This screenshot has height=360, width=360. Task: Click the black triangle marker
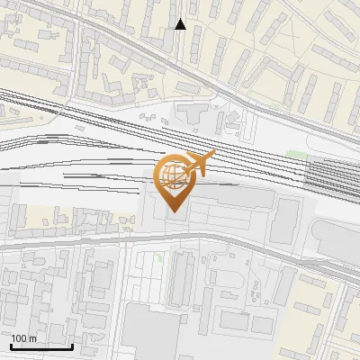tap(181, 24)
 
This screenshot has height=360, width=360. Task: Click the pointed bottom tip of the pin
tap(174, 211)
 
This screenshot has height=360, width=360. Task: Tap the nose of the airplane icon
tap(213, 155)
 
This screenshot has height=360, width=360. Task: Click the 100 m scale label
tap(24, 338)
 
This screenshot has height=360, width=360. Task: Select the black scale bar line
tap(41, 346)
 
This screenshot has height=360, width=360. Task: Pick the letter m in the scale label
tap(33, 338)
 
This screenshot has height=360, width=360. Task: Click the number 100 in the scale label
tap(20, 338)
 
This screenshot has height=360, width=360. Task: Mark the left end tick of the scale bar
tap(12, 345)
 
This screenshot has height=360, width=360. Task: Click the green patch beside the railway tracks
tap(296, 154)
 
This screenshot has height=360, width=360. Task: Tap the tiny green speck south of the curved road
tap(161, 258)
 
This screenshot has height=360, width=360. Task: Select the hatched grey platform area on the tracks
tap(332, 175)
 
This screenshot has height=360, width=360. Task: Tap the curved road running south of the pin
tap(180, 236)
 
